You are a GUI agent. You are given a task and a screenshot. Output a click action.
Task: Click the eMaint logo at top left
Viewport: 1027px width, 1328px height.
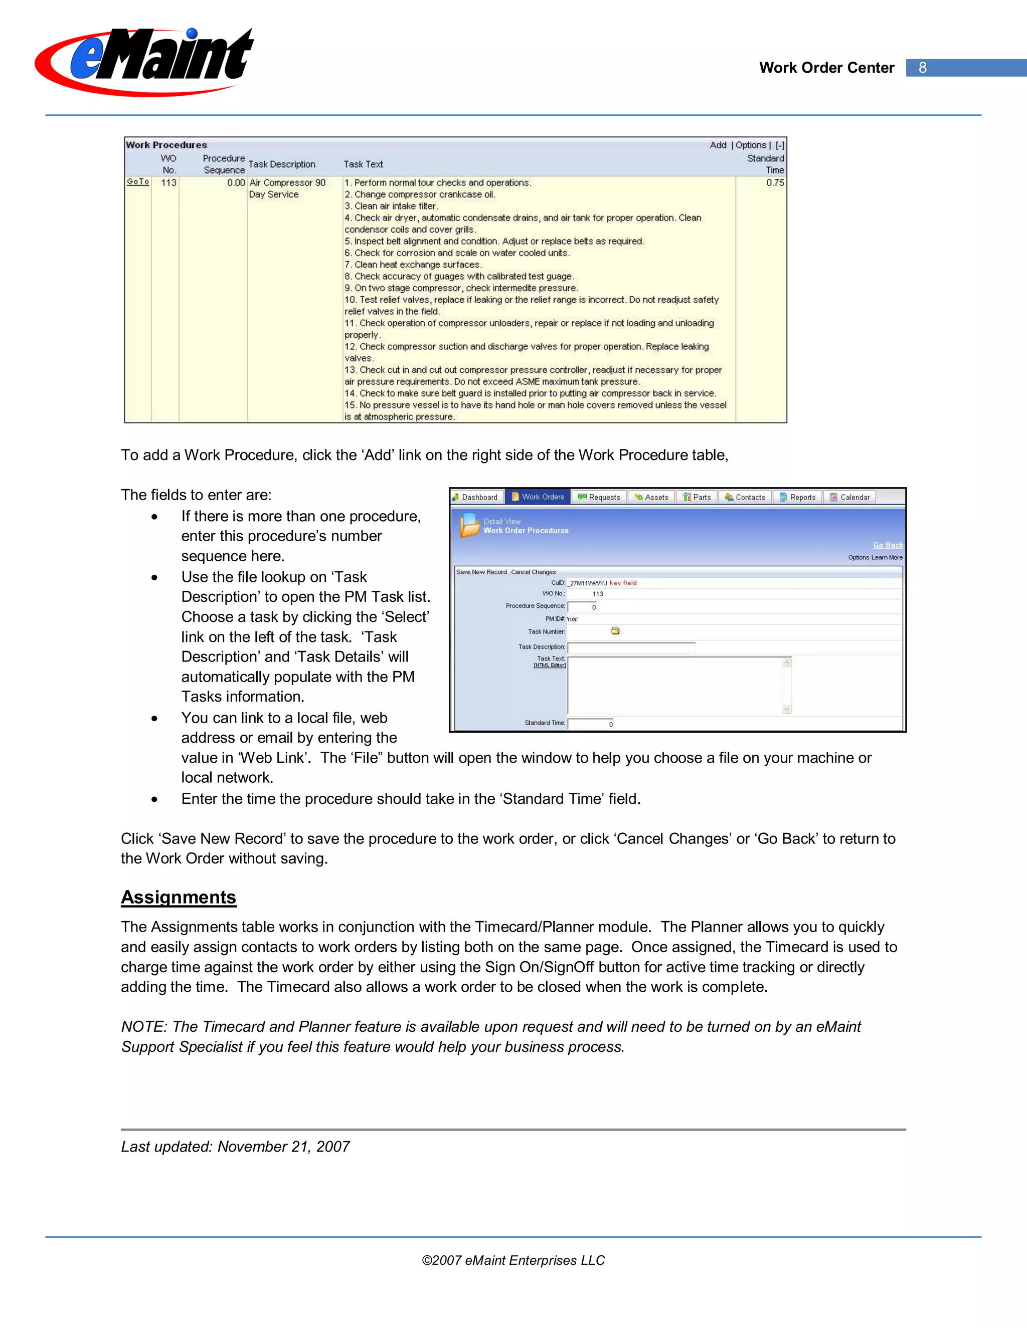[x=145, y=61]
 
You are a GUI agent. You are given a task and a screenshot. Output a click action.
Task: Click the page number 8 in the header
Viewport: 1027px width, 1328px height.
[x=922, y=68]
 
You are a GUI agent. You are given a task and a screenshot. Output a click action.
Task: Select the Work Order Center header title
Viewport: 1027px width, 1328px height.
[x=826, y=68]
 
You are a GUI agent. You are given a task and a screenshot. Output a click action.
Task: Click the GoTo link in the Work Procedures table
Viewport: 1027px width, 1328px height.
[x=137, y=182]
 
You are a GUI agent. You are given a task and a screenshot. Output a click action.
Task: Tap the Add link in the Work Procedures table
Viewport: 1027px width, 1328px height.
[x=718, y=145]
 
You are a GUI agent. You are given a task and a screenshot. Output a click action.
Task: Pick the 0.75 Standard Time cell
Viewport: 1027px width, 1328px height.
[x=774, y=182]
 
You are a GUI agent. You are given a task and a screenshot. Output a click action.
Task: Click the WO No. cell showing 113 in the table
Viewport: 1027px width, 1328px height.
[x=168, y=182]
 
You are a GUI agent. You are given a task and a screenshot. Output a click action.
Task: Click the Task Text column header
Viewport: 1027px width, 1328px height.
[x=363, y=164]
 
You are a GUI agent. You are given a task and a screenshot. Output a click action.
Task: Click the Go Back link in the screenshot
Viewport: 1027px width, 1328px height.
[x=887, y=545]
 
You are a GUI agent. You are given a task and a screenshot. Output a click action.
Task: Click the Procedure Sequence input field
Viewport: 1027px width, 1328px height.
[x=582, y=607]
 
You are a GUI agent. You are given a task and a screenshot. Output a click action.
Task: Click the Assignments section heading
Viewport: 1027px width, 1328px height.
[x=178, y=898]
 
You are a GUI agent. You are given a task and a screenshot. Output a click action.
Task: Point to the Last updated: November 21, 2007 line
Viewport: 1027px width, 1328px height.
[x=235, y=1147]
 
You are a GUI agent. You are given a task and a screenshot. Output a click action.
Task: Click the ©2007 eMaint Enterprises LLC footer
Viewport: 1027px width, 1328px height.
[x=513, y=1260]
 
